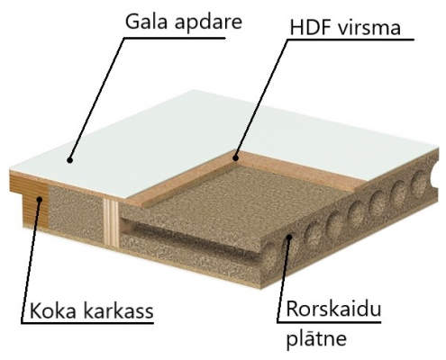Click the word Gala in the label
[x=146, y=22]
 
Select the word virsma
[x=369, y=28]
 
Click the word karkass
[x=118, y=310]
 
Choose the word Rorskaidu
[x=333, y=309]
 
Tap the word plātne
[x=316, y=338]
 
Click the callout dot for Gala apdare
[x=70, y=160]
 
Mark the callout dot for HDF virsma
[x=236, y=157]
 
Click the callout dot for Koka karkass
[x=40, y=199]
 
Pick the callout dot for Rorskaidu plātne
[x=289, y=238]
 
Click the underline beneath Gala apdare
[x=175, y=38]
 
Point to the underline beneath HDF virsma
[x=350, y=40]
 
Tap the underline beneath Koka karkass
[x=87, y=323]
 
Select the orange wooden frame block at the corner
[x=30, y=200]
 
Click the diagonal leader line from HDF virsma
[x=261, y=98]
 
